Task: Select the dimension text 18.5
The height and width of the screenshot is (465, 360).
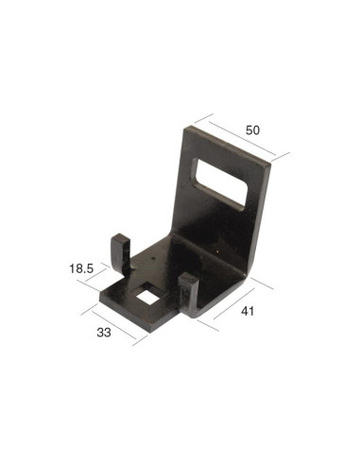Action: point(80,269)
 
